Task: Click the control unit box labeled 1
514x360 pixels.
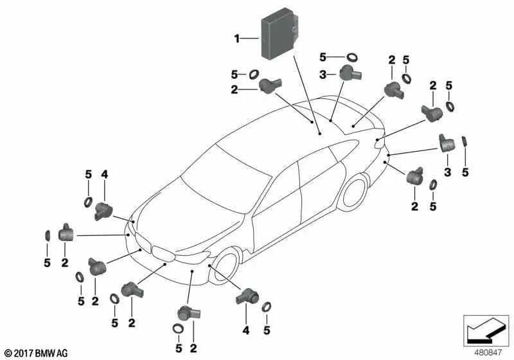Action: (279, 34)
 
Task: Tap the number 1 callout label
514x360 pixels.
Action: (236, 39)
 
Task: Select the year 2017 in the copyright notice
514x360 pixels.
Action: (23, 353)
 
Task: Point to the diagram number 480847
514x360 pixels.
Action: (488, 352)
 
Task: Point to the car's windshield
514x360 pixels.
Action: (226, 179)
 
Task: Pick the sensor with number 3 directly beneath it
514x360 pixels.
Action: (447, 143)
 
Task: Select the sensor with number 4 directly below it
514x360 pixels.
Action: (247, 296)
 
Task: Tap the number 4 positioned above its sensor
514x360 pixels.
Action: (104, 175)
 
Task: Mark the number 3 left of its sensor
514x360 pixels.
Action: (323, 75)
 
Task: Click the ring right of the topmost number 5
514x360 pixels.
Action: (352, 57)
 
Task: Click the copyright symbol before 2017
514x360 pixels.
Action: (8, 354)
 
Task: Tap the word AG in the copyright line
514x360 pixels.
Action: (62, 353)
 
